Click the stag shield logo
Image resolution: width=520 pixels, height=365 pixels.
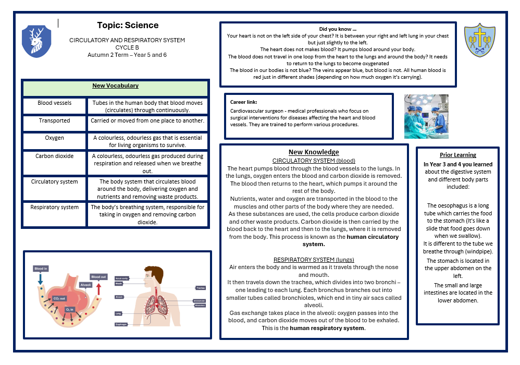(36, 41)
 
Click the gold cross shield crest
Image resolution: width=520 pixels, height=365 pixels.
(479, 40)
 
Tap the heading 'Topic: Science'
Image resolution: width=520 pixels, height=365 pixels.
(128, 25)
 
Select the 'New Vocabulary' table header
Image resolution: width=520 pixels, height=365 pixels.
(115, 86)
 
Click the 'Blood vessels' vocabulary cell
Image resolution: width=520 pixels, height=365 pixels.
(54, 103)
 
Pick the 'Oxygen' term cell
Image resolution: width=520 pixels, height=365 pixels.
(54, 138)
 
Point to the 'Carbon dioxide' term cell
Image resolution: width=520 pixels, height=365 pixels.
(54, 156)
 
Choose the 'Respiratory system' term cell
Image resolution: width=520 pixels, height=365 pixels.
(54, 207)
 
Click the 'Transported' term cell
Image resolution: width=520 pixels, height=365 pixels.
(54, 120)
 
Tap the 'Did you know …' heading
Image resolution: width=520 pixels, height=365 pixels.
(338, 29)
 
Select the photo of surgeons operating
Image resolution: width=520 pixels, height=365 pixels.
(426, 116)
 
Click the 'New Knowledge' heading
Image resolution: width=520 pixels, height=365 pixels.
(314, 152)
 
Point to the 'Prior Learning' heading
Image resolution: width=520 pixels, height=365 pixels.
(457, 155)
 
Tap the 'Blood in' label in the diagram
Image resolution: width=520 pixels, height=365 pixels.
(40, 269)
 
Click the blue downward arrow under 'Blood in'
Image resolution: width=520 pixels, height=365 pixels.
(40, 279)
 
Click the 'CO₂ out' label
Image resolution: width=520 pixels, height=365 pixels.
(59, 298)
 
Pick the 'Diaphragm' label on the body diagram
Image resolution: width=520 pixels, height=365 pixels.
(120, 324)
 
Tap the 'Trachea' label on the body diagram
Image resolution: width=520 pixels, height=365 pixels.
(200, 287)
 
